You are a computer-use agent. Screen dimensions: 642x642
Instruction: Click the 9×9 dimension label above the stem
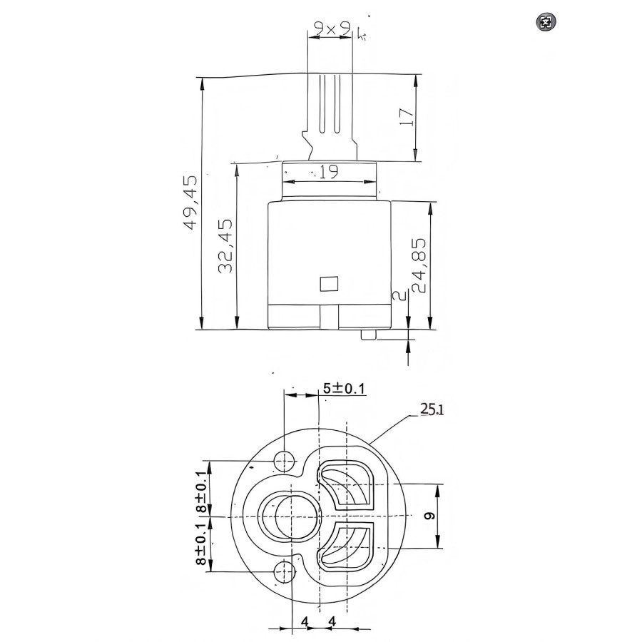coord(331,29)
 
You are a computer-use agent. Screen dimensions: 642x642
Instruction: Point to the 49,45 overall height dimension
coord(190,203)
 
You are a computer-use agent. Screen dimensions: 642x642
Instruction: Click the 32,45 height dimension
coord(225,246)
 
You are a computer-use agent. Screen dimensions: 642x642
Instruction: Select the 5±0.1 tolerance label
coord(344,388)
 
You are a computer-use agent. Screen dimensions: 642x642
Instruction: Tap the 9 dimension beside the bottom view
coord(429,516)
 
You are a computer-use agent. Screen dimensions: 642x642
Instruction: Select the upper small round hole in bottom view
coord(286,461)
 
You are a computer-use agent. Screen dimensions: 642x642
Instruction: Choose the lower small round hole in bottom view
coord(285,570)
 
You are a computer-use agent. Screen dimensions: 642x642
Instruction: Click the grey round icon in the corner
coord(546,22)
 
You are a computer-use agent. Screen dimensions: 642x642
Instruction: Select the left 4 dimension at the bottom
coord(305,622)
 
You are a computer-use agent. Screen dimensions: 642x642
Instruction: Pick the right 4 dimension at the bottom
coord(332,622)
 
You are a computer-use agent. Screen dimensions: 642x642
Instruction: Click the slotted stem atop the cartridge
coord(330,114)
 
